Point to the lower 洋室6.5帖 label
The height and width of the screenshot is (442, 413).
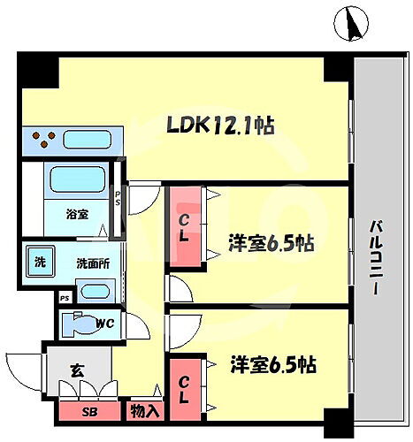coord(274,364)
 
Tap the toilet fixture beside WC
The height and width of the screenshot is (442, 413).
coord(86,323)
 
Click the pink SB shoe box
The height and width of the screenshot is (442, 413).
coord(88,411)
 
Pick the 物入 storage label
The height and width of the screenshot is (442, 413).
coord(144,410)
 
